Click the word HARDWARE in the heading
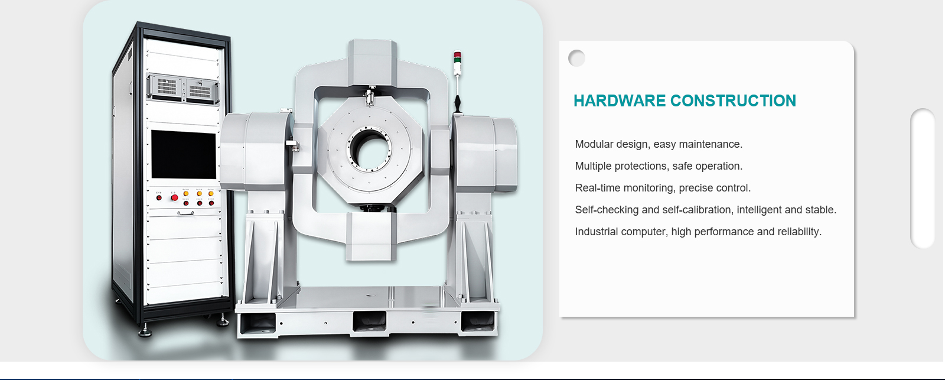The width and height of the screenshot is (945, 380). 620,101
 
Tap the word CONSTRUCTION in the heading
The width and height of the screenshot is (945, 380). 733,101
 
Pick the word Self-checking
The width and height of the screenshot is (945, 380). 607,210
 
